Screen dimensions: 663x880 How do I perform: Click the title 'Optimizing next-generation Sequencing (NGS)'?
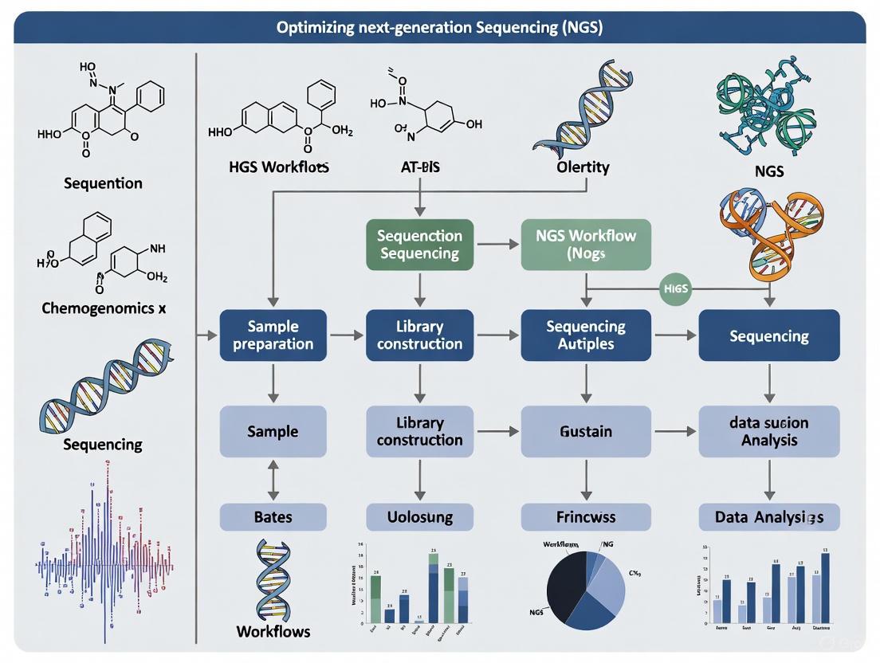[x=439, y=27]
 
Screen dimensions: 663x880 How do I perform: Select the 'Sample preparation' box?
[x=273, y=335]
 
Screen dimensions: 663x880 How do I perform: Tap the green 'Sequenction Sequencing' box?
[x=419, y=245]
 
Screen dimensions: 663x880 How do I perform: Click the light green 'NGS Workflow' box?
[x=586, y=245]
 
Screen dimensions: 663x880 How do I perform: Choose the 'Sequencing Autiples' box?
[x=586, y=335]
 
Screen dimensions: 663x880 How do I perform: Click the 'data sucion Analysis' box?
[x=768, y=431]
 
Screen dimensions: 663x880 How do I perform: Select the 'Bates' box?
[x=273, y=517]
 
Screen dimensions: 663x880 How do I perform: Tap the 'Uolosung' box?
[x=419, y=517]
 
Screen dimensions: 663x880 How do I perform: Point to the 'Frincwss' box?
[x=586, y=517]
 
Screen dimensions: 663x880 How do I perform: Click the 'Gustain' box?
[x=586, y=431]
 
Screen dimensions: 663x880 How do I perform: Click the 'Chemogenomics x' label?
[x=104, y=308]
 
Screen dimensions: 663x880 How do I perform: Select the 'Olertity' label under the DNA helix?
[x=583, y=167]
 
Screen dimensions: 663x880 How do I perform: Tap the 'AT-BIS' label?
[x=420, y=167]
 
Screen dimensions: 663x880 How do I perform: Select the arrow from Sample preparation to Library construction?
[x=346, y=335]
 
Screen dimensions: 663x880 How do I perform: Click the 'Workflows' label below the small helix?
[x=273, y=631]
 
